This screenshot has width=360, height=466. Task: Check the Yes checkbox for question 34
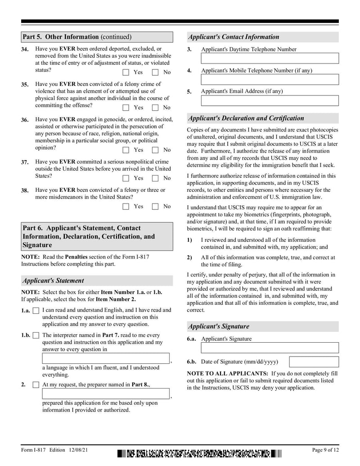[126, 72]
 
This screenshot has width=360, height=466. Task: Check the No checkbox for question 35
[155, 108]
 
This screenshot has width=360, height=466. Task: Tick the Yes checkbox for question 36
[126, 150]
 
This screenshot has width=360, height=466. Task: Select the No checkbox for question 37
[155, 178]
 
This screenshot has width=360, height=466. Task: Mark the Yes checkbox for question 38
[126, 207]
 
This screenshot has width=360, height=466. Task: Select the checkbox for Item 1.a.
[36, 311]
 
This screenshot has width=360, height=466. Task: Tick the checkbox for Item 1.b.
[36, 335]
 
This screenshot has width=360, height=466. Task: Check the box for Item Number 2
[36, 385]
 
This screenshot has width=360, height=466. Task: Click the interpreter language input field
[106, 358]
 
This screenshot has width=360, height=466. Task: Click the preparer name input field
[106, 394]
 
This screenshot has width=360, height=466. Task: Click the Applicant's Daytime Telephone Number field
[270, 59]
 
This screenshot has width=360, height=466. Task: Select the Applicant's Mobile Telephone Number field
[270, 80]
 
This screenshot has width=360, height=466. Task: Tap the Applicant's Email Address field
[270, 100]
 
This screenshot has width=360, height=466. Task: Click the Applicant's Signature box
[270, 348]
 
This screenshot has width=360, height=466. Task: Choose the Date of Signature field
[314, 362]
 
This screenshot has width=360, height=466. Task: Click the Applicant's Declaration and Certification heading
[246, 118]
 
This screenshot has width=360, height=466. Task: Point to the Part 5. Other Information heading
[77, 37]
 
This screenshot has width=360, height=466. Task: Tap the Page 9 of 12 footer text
[325, 450]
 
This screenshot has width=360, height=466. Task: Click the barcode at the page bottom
[199, 454]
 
